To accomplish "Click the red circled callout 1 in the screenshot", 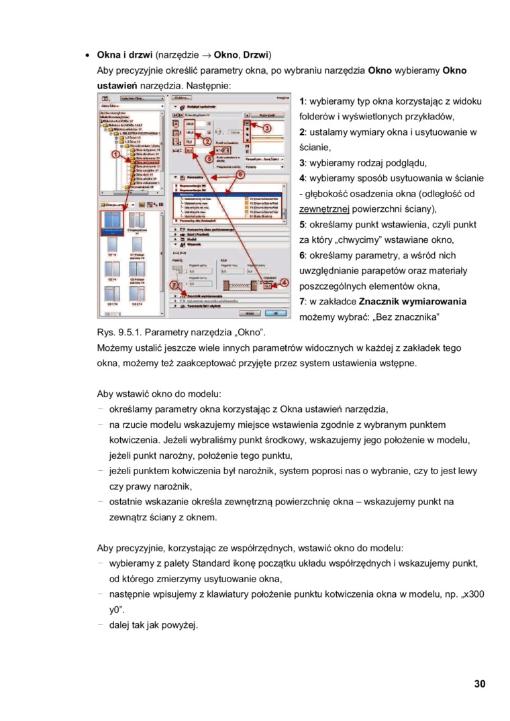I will [115, 154].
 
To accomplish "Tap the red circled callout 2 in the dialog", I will [208, 142].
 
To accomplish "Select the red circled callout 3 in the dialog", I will [266, 127].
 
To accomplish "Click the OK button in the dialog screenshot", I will [274, 313].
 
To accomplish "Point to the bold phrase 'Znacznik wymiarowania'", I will [413, 301].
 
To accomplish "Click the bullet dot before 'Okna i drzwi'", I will [87, 54].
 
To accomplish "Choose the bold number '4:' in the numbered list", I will [303, 178].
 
